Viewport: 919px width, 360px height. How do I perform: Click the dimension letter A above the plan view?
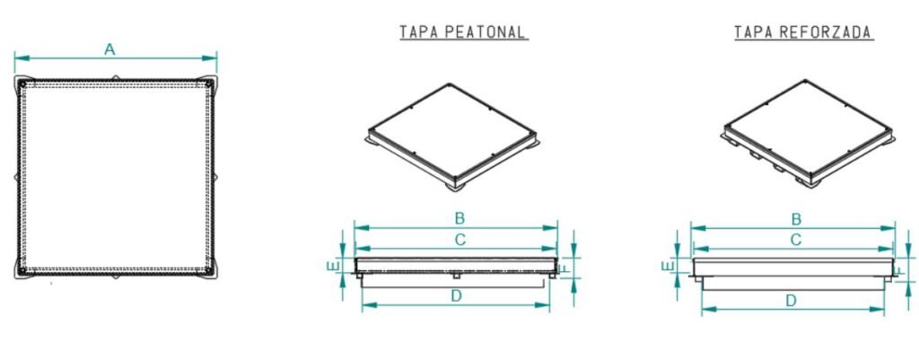coord(109,49)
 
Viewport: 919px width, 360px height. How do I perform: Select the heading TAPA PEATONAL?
coord(463,33)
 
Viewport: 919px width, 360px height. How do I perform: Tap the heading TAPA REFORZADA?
coord(803,33)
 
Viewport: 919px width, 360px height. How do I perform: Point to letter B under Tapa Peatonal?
coord(459,218)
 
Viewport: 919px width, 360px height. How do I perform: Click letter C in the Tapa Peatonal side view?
coord(459,240)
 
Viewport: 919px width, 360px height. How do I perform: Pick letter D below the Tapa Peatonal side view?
coord(457,295)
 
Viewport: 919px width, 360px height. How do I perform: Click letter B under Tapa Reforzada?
coord(795,218)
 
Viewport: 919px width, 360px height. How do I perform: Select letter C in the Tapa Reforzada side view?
coord(795,240)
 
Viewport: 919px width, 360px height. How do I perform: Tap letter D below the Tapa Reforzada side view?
coord(791,300)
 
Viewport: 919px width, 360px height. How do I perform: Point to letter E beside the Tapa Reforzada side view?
coord(668,266)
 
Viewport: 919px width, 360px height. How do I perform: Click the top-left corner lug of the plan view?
coord(21,84)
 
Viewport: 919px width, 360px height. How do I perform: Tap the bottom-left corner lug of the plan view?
coord(21,268)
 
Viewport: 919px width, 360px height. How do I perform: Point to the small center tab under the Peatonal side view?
coord(456,275)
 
